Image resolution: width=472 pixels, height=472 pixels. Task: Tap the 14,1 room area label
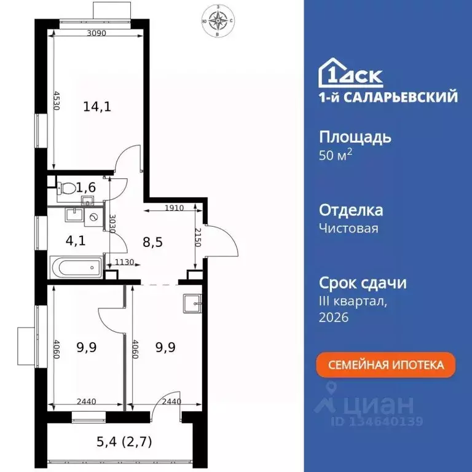point(96,107)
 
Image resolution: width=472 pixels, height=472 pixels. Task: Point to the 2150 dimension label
point(197,237)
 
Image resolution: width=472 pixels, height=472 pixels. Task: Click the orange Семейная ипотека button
point(386,364)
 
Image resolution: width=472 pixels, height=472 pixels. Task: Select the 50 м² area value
point(336,155)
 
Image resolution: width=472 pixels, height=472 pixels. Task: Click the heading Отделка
point(351,210)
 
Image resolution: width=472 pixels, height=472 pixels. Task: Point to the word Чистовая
point(348,229)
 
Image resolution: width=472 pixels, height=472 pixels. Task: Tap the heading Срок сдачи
point(363,283)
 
